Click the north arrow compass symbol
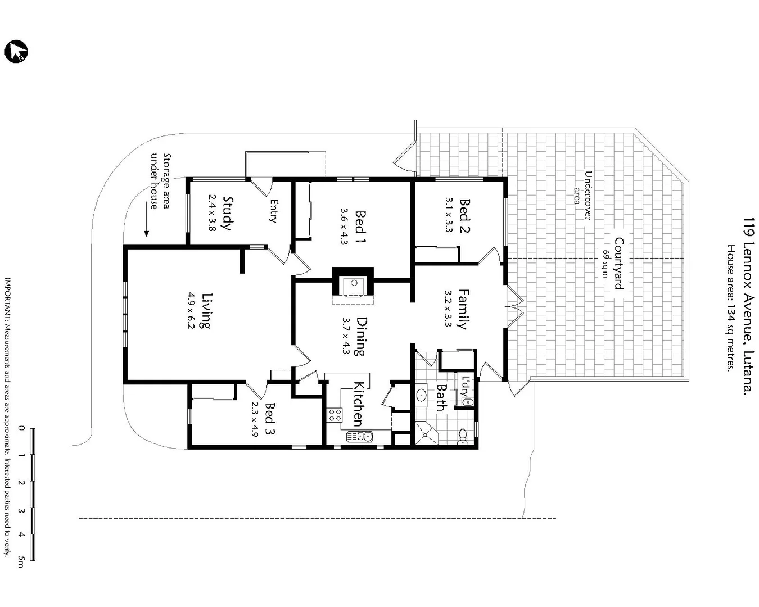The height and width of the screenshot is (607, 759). point(16,52)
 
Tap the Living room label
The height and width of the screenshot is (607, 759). point(206,310)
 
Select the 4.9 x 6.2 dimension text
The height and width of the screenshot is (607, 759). point(191,310)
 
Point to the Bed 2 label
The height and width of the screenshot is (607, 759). point(464,215)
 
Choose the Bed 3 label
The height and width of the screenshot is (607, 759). point(270,419)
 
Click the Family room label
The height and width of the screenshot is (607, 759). point(463,309)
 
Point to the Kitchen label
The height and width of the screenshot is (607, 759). point(358,403)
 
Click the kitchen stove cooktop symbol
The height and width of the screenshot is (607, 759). point(335,415)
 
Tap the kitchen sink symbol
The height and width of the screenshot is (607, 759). point(359,436)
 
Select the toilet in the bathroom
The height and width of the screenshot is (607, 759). point(463,436)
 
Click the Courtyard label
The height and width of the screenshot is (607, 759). point(618,263)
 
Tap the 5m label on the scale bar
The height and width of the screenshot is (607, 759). point(21,561)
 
